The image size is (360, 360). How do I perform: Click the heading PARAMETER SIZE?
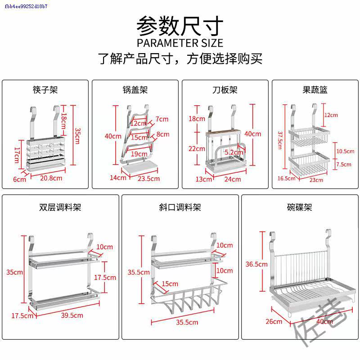tap(180, 43)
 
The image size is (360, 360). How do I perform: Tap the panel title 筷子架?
tap(45, 90)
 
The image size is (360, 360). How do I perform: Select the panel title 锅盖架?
tap(135, 90)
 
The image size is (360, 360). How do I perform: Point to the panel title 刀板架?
tap(225, 90)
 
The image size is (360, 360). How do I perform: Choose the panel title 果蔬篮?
tap(315, 90)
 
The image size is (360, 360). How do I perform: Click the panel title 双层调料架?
tap(60, 207)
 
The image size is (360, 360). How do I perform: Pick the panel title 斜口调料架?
tap(180, 207)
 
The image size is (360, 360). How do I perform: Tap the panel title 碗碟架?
tap(299, 207)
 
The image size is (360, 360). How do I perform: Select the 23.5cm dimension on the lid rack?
tap(148, 179)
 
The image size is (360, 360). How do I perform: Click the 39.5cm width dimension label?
tap(72, 315)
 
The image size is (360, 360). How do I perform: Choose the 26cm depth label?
tap(274, 321)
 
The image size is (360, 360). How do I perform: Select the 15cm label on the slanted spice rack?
tap(170, 284)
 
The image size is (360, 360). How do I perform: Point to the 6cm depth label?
tap(19, 179)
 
